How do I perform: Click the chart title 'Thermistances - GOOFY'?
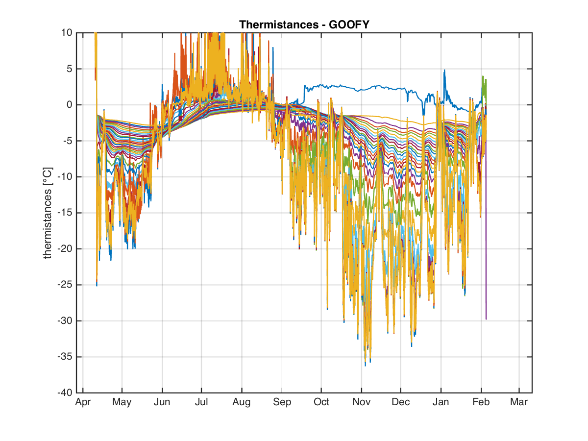click(304, 24)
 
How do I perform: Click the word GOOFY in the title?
click(349, 24)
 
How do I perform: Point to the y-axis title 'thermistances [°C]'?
click(48, 213)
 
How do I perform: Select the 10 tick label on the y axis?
click(67, 33)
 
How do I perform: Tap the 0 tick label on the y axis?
click(70, 105)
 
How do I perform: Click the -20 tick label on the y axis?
click(65, 249)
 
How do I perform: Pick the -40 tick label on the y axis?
click(65, 393)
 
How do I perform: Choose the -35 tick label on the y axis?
click(65, 357)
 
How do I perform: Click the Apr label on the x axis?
click(83, 402)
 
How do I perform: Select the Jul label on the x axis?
click(201, 402)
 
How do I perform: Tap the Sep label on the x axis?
click(282, 402)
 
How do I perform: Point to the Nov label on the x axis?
click(361, 402)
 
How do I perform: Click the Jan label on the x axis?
click(441, 402)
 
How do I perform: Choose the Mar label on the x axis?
click(519, 402)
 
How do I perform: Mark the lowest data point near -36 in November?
click(365, 366)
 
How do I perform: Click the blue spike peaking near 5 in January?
click(444, 71)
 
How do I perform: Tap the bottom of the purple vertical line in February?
click(486, 319)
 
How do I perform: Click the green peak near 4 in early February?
click(483, 76)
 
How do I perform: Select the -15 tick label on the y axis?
click(65, 213)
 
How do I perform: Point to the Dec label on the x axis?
click(401, 402)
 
